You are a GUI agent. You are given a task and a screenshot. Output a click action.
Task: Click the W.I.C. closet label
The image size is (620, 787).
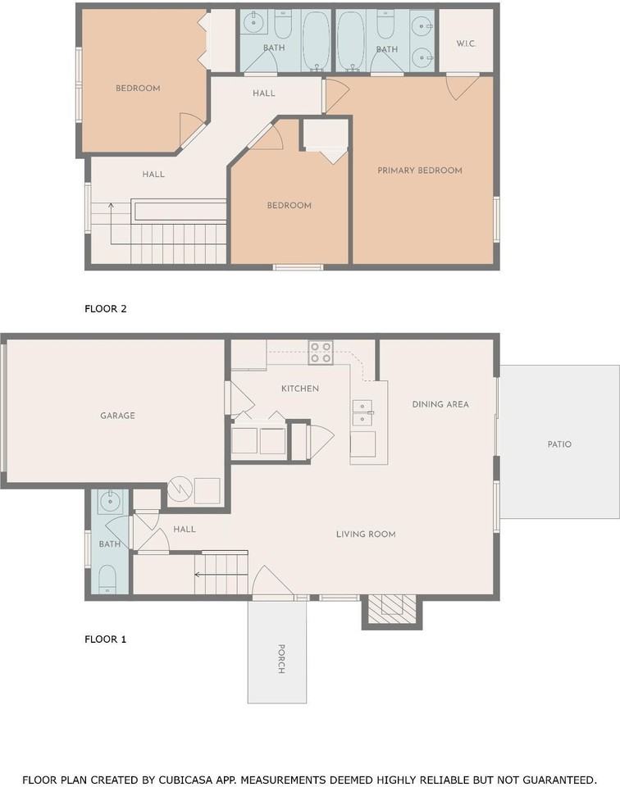tap(465, 43)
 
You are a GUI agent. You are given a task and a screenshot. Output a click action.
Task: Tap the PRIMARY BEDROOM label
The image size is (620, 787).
tap(420, 171)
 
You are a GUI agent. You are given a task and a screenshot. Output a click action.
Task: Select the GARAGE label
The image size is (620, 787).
tap(117, 416)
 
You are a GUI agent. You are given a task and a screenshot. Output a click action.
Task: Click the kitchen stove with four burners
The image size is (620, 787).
tap(321, 352)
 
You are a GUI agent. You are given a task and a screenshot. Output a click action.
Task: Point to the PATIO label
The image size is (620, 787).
tap(559, 444)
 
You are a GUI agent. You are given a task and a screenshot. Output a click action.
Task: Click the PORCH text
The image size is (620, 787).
tap(281, 658)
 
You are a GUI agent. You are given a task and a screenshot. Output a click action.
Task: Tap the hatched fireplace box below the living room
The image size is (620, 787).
tap(392, 611)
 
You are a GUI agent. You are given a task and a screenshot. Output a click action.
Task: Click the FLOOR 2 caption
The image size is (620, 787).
tap(106, 309)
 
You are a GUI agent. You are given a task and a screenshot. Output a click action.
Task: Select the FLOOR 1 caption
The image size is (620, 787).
tap(106, 639)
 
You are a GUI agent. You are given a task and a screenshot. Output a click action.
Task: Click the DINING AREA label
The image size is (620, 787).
tap(440, 404)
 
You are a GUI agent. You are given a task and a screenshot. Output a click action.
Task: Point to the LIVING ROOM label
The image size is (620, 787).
tap(366, 535)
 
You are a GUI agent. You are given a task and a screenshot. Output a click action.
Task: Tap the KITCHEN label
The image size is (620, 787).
tap(299, 389)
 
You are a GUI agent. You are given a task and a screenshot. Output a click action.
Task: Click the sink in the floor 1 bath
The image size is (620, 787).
tap(108, 501)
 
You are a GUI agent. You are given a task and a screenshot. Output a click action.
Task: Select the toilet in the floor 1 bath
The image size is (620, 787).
tap(107, 580)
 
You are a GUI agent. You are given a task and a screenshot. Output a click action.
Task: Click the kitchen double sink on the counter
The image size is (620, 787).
tap(362, 412)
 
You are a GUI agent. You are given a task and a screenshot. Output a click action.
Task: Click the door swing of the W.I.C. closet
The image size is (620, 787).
tap(463, 88)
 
